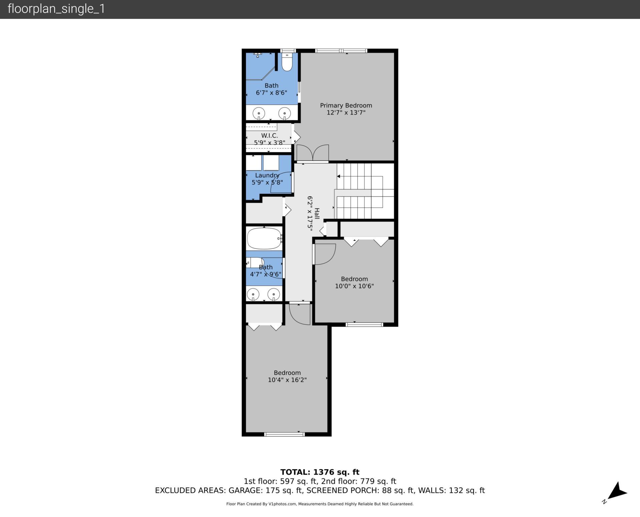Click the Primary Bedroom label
click(346, 105)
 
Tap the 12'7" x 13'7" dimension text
click(346, 113)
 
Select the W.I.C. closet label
click(269, 136)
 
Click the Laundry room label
click(267, 175)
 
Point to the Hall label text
click(317, 214)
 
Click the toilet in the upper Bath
click(287, 62)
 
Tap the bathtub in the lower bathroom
click(264, 239)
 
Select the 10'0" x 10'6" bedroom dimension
click(354, 286)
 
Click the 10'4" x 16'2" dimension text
click(287, 380)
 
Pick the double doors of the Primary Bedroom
click(312, 153)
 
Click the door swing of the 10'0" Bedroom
click(325, 254)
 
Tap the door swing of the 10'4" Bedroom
click(300, 314)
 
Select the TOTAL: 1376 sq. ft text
click(320, 472)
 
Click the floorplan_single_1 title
click(56, 9)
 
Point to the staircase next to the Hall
click(365, 191)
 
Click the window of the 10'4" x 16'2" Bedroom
click(284, 434)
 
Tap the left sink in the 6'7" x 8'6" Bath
click(259, 113)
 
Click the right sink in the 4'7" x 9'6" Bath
click(274, 294)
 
